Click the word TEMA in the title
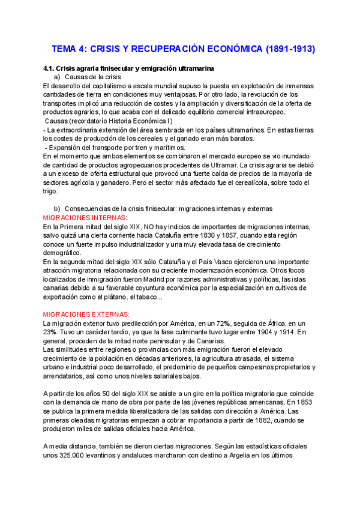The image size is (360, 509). (64, 49)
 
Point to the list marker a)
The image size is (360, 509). (57, 78)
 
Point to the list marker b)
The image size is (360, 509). (57, 208)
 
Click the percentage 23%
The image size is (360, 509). (52, 332)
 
